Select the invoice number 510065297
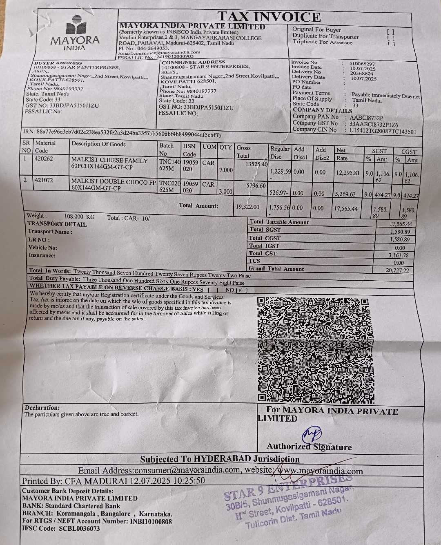coord(362,64)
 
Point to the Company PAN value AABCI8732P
coord(366,118)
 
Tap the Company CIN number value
coord(383,131)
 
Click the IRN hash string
coord(129,134)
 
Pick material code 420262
coord(44,159)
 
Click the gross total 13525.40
coord(256,164)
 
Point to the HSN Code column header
coord(189,150)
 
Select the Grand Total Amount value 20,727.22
coord(398,270)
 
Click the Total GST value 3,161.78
coord(398,255)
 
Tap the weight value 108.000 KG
coord(79,216)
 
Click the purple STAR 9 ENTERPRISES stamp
coord(288,502)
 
